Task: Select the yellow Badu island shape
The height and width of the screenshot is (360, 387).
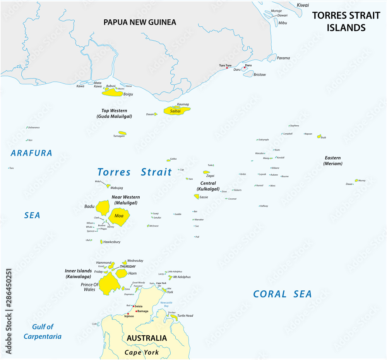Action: click(x=103, y=208)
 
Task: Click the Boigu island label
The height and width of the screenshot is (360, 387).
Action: click(x=128, y=94)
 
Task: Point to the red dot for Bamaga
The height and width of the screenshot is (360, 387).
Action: click(x=136, y=311)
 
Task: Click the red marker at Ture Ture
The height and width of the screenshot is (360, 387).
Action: click(x=227, y=68)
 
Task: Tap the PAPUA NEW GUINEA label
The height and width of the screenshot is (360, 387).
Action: click(x=140, y=22)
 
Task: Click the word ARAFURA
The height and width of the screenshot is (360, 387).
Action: click(x=31, y=153)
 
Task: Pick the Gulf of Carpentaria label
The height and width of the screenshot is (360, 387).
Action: click(x=42, y=332)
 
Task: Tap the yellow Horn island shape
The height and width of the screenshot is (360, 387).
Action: click(x=121, y=273)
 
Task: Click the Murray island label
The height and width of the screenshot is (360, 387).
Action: click(x=362, y=181)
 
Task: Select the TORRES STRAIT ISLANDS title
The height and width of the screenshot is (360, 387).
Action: click(x=346, y=21)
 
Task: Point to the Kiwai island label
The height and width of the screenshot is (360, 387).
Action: click(x=303, y=5)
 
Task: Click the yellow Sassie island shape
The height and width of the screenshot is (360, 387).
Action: click(x=197, y=197)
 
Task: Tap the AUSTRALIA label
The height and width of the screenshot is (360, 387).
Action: click(x=147, y=338)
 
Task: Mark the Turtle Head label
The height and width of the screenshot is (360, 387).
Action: click(x=185, y=316)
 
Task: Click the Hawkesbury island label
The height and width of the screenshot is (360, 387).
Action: click(x=112, y=242)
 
